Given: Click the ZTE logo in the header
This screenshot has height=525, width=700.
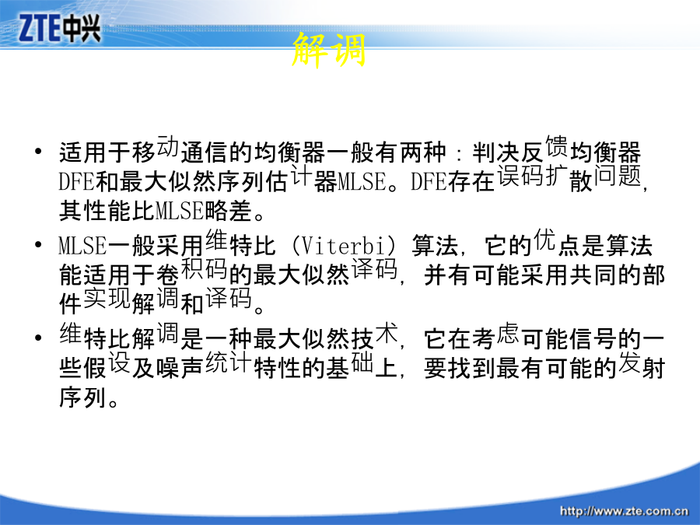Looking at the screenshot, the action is [59, 28].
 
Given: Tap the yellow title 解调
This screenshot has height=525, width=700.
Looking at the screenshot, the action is [329, 50].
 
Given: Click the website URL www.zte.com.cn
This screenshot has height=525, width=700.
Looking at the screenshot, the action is [624, 511].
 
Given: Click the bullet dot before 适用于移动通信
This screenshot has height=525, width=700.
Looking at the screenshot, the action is [38, 151].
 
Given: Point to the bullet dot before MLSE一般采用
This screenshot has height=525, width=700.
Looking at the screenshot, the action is [38, 245].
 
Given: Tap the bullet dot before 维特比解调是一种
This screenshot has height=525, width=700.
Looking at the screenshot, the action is [38, 338].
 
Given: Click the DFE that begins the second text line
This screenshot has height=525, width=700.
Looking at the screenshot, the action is [76, 182].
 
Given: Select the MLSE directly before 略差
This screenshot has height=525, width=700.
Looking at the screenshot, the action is [180, 211].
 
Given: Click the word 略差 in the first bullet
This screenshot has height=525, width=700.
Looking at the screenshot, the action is [228, 211].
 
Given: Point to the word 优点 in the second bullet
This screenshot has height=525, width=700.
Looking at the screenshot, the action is [557, 243].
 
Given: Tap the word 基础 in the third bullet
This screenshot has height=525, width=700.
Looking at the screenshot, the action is [349, 366].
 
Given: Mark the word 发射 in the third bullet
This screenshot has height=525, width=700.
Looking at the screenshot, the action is [642, 366].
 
